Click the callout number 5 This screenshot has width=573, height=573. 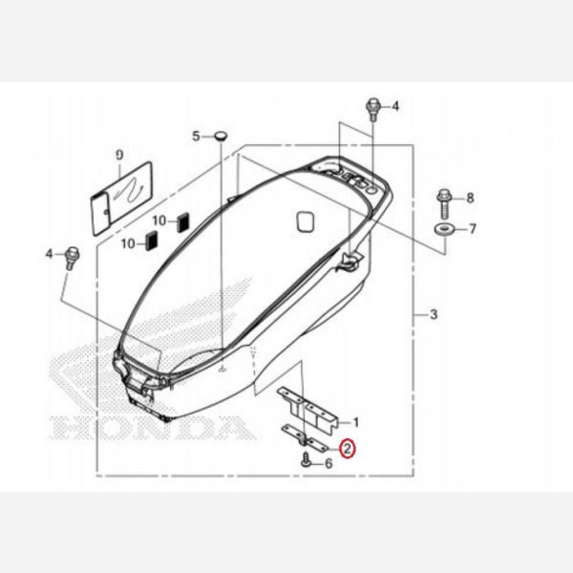(x=197, y=137)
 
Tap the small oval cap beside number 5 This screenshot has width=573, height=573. (x=221, y=137)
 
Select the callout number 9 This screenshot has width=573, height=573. (x=119, y=154)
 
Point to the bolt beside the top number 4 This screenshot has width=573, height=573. (x=372, y=108)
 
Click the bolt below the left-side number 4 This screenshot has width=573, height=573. (x=71, y=256)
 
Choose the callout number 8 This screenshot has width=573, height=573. (x=469, y=198)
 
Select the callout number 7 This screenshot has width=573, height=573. (x=469, y=229)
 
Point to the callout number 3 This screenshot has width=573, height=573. (x=434, y=314)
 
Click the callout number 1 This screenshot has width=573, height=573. (x=355, y=421)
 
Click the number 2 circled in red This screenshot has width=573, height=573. (x=349, y=447)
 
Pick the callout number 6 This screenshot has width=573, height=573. (x=328, y=463)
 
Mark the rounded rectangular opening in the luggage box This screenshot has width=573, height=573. (x=305, y=221)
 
